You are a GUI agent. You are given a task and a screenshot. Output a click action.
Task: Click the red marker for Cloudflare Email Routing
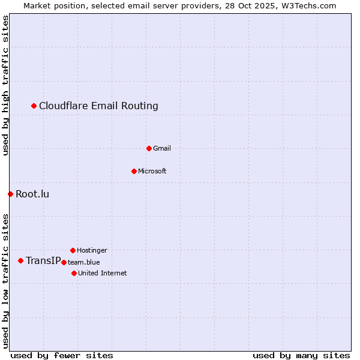coord(34,106)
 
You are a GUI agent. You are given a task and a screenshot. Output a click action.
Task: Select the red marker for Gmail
coord(149,148)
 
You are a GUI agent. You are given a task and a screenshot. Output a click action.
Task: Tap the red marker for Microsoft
coord(134,171)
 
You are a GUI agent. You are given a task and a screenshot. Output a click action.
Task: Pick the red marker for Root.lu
coord(10,194)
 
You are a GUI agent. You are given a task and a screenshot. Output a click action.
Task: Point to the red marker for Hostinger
coord(73,250)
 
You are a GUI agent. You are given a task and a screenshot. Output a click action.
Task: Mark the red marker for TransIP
coord(20,260)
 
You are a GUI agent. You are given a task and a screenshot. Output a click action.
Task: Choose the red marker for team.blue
coord(64,262)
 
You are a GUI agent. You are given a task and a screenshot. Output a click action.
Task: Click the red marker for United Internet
coord(74,273)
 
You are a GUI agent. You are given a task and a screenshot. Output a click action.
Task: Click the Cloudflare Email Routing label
coord(98,106)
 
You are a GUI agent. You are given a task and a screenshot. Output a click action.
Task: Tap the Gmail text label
coord(162,148)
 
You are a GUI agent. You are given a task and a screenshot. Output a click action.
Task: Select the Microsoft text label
coord(152,171)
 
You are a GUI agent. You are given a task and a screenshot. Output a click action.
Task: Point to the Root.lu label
coord(32,194)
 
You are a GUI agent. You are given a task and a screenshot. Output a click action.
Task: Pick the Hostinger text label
coord(92,250)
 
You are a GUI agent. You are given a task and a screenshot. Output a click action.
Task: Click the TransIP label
coord(43,260)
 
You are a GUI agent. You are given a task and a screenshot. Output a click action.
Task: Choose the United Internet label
coord(103,273)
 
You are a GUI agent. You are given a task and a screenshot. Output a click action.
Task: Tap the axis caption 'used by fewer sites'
coord(62,355)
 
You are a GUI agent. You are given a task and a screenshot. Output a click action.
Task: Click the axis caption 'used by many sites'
coord(301,355)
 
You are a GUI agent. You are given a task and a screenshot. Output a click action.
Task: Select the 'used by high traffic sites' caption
coord(6,85)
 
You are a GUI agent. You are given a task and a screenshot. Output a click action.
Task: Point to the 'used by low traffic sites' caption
coord(6,280)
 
